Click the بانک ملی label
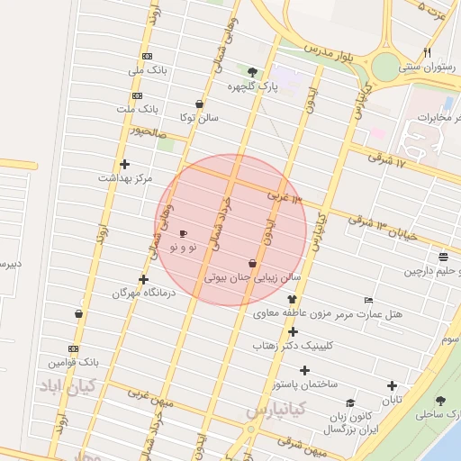(x=147, y=69)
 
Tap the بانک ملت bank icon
(x=137, y=95)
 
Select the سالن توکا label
(x=198, y=117)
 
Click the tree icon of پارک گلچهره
(x=252, y=73)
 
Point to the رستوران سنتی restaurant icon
(x=427, y=52)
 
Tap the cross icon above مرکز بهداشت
(x=124, y=164)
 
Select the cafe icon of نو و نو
(x=184, y=234)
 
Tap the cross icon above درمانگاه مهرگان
(x=144, y=279)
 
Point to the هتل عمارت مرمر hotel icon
(x=368, y=300)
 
